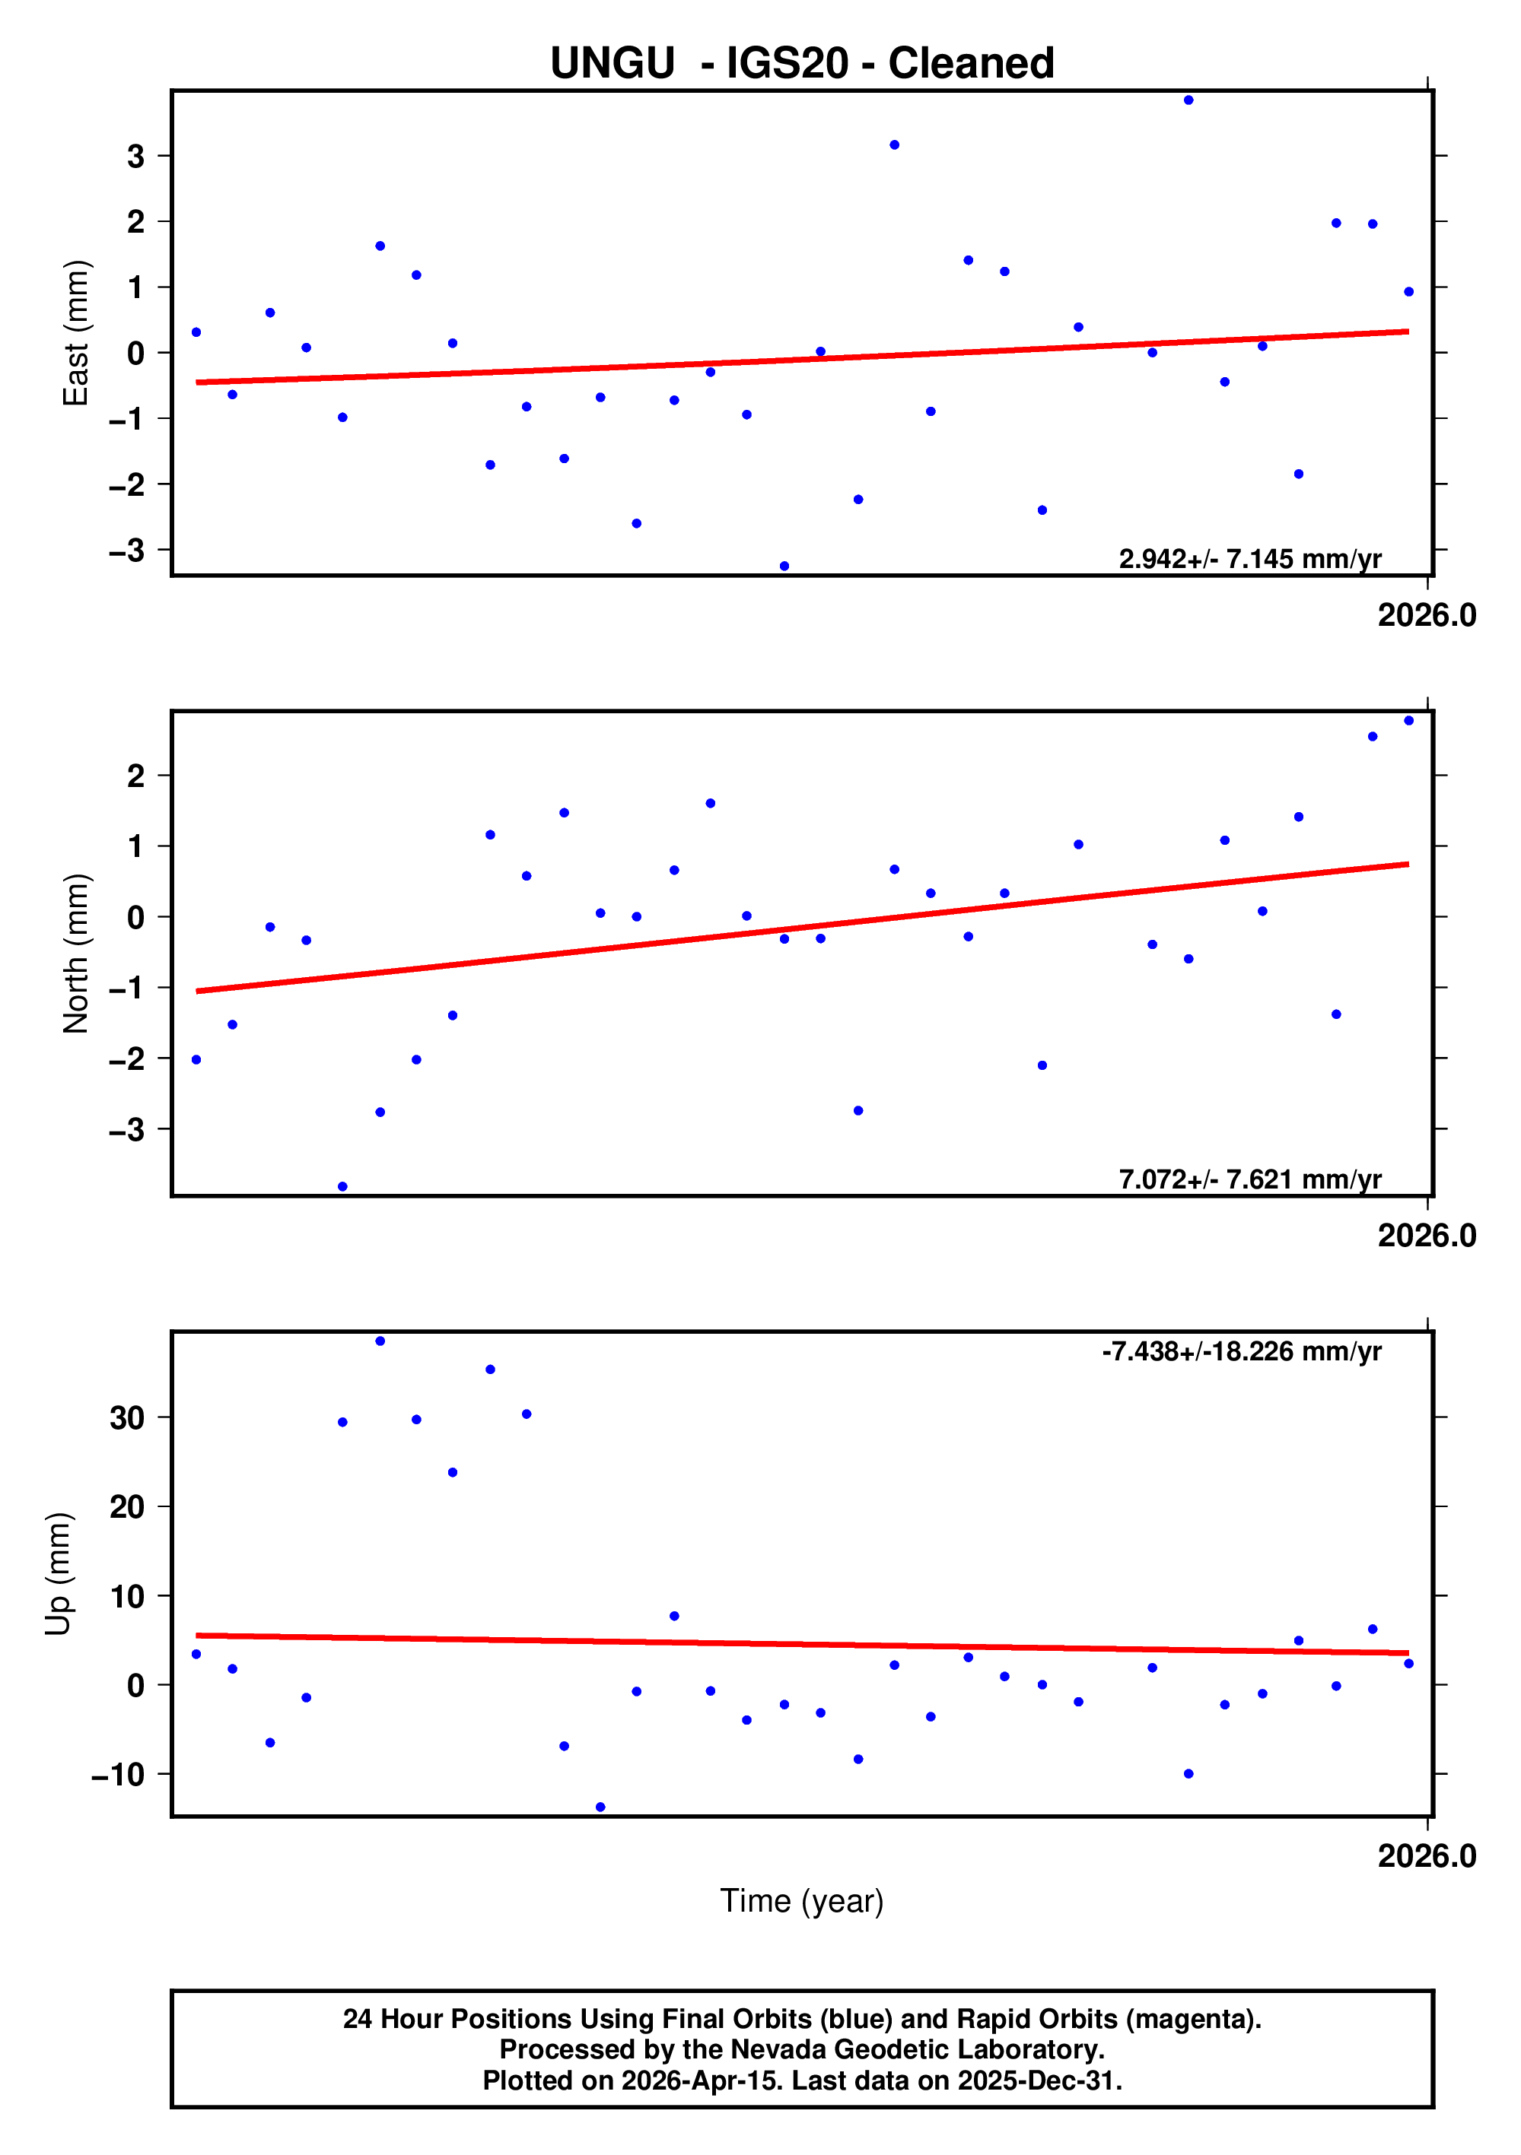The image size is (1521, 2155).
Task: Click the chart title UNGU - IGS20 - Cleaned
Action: coord(802,64)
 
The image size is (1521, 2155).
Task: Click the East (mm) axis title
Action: coord(75,333)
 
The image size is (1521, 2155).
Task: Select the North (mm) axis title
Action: coord(75,954)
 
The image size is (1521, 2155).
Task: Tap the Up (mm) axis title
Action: coord(59,1574)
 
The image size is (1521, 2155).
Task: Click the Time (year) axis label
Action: coord(802,1900)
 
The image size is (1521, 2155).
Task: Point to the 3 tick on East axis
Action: coord(136,156)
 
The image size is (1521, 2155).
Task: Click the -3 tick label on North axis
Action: coord(127,1130)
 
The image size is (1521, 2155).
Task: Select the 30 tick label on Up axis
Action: coord(127,1417)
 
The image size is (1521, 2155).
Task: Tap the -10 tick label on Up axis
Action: coord(118,1775)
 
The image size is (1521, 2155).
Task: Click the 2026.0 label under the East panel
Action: coord(1426,616)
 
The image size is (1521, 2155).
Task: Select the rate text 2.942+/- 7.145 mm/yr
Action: coord(1249,560)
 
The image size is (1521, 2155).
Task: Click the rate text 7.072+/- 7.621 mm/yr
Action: coord(1249,1180)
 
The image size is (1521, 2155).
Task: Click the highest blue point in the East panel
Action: coord(1188,100)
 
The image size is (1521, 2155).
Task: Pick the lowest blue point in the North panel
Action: coord(342,1187)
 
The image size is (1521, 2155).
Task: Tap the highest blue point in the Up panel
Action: coord(380,1341)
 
